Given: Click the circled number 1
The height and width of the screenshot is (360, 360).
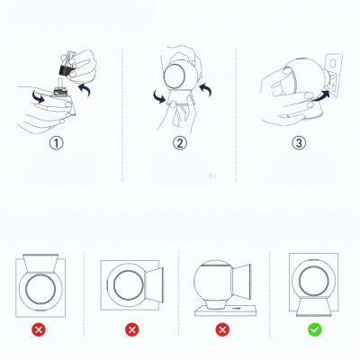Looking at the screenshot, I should coord(56,141).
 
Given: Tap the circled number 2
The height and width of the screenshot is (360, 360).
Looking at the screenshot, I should coord(179,141).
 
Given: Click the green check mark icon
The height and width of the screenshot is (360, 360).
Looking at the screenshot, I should coord(313,329).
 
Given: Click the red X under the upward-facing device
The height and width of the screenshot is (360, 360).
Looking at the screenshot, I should coord(39,329).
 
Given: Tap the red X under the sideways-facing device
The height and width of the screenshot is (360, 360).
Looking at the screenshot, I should coord(133,329).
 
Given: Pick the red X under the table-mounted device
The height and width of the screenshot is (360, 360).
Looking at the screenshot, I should coord(221,329).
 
